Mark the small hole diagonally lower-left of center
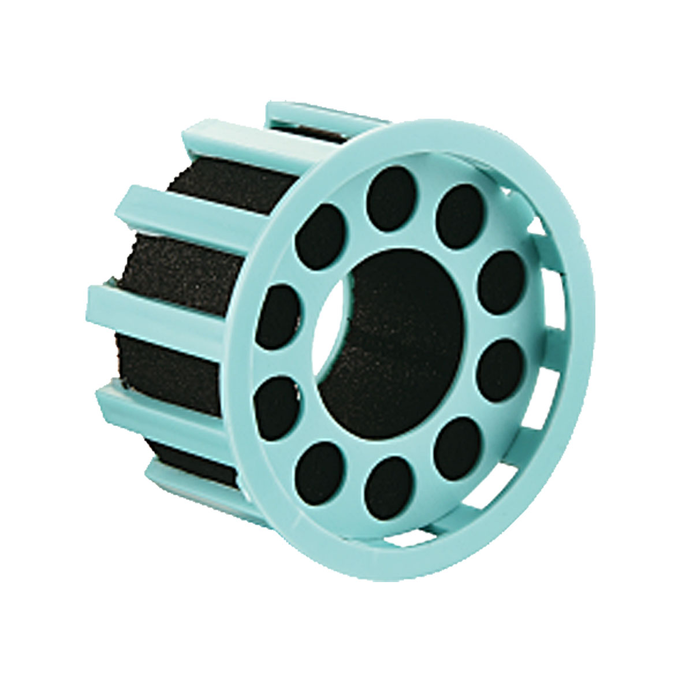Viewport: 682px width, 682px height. click(x=318, y=467)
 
